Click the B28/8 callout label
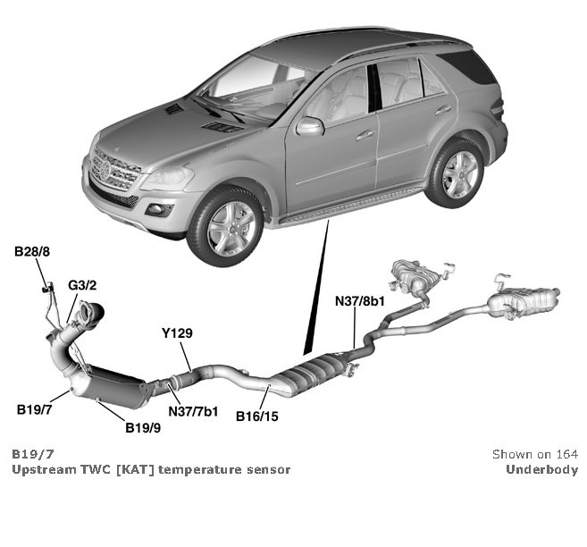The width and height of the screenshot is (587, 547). (31, 254)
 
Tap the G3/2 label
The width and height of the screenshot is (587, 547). (82, 286)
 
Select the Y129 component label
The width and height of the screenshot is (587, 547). (177, 333)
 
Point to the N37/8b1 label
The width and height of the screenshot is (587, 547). (359, 301)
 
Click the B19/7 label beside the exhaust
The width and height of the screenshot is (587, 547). (35, 410)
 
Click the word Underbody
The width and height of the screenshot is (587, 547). (541, 469)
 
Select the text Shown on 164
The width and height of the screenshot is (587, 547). (534, 454)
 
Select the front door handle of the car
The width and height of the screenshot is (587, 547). (365, 135)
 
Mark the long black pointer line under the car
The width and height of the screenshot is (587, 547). (316, 286)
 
